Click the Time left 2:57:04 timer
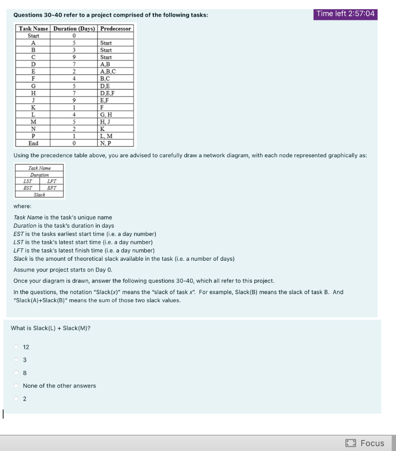(x=345, y=14)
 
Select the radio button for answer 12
(x=16, y=347)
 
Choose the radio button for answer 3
(x=16, y=360)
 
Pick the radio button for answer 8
(x=16, y=373)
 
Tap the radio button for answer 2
(x=16, y=399)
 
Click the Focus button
(x=365, y=443)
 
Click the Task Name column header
(x=33, y=29)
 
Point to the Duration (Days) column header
(x=74, y=29)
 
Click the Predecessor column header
(x=116, y=29)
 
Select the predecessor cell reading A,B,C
(x=108, y=71)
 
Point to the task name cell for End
(x=33, y=143)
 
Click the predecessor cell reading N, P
(x=106, y=143)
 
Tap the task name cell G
(x=33, y=86)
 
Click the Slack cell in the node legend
(x=40, y=194)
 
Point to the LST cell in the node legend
(x=27, y=181)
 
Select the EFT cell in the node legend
(x=52, y=188)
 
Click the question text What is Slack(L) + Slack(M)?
(x=51, y=328)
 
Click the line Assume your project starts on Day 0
(x=60, y=270)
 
